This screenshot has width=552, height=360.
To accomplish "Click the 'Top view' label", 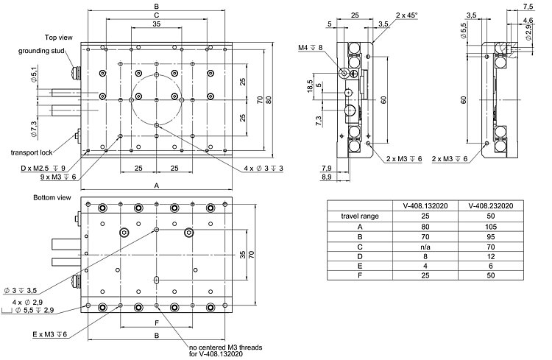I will click(59, 36).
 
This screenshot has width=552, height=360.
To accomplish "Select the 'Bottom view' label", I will click(52, 198).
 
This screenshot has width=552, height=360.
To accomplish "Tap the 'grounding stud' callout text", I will click(41, 51).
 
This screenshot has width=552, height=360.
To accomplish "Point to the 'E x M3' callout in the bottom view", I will click(49, 334).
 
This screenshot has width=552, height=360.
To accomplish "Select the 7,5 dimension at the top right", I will click(528, 7).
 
